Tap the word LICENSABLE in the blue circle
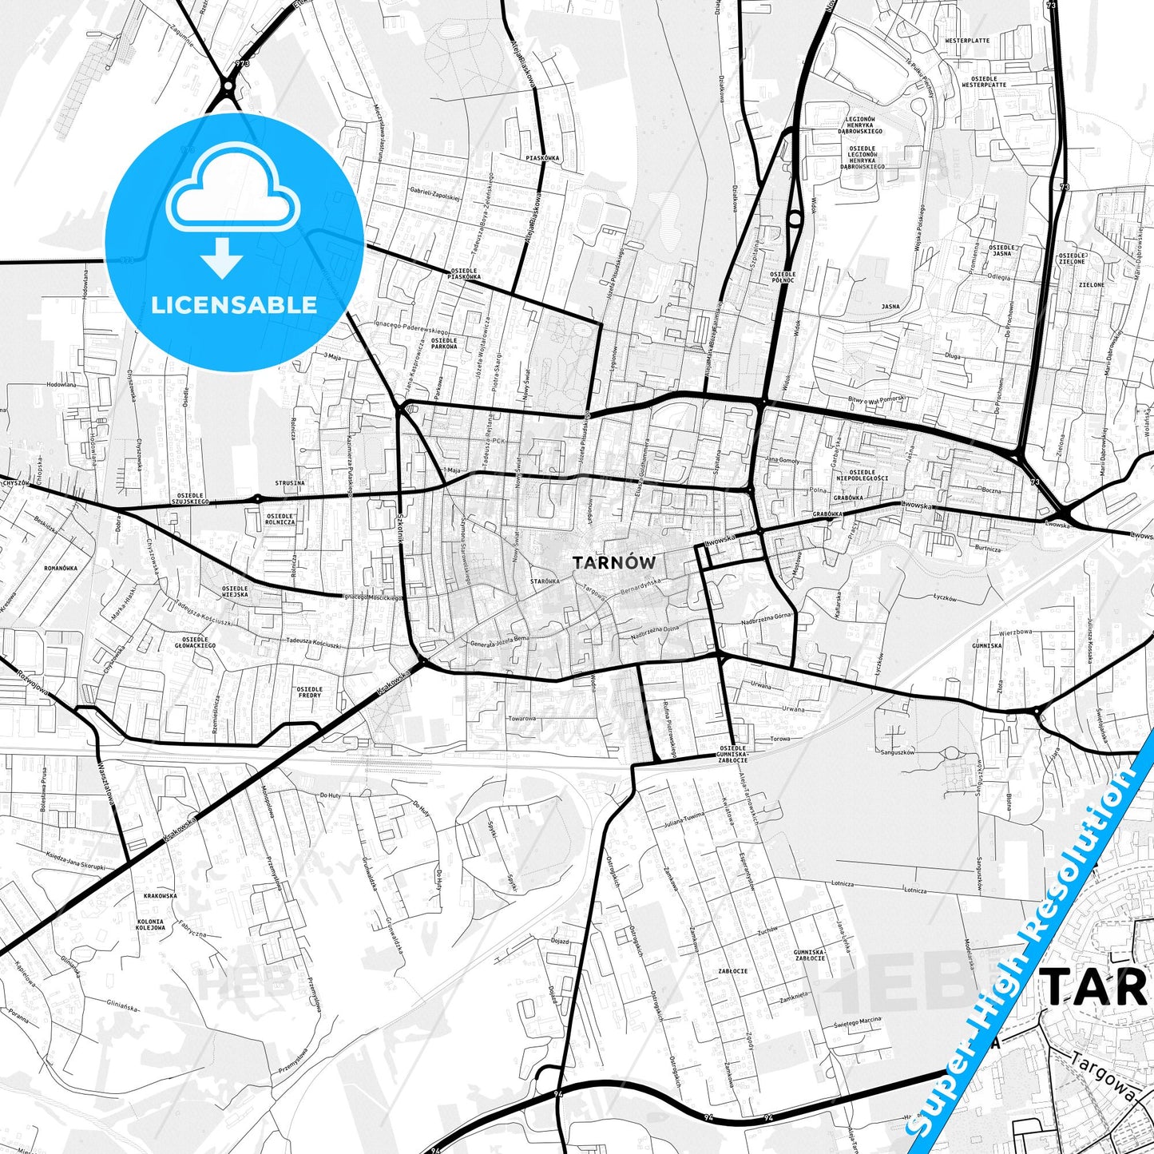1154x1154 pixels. (234, 304)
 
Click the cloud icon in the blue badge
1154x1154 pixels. (232, 200)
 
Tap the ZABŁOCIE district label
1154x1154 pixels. (732, 971)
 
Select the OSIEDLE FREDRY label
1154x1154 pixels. (309, 692)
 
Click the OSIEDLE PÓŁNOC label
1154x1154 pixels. (783, 277)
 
